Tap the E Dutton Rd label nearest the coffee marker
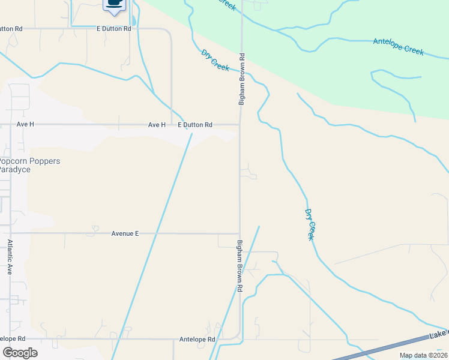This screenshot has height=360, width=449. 113,29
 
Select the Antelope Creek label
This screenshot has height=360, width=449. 398,46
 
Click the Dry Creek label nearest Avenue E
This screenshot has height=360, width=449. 310,224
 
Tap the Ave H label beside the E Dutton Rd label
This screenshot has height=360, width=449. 157,125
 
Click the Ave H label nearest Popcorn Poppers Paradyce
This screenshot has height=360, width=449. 26,124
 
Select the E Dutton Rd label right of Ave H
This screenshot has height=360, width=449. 195,125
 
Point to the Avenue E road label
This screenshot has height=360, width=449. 125,233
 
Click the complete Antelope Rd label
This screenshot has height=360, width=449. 197,340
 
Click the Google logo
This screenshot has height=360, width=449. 19,353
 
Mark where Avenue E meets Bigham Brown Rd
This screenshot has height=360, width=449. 240,233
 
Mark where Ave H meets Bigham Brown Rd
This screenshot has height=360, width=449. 240,125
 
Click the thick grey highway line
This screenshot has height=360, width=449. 396,347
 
